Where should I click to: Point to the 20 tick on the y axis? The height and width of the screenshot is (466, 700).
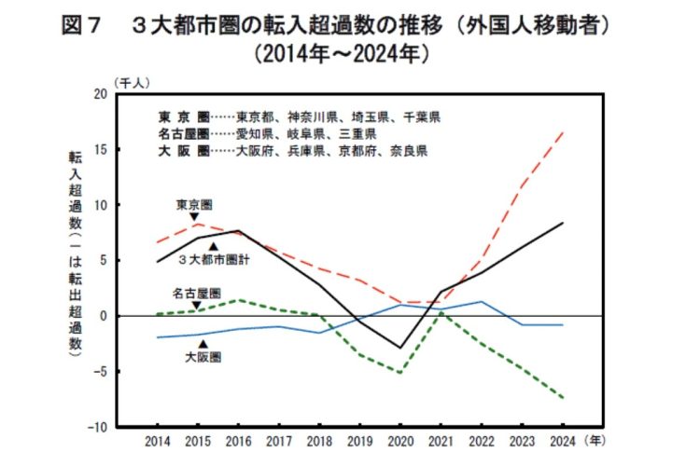click(100, 94)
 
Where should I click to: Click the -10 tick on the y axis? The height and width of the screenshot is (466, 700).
click(97, 427)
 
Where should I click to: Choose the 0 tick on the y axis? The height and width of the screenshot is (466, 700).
click(103, 316)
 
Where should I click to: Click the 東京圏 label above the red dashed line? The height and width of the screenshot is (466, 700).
click(195, 202)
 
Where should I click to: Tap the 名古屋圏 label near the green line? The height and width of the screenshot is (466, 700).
click(196, 293)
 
